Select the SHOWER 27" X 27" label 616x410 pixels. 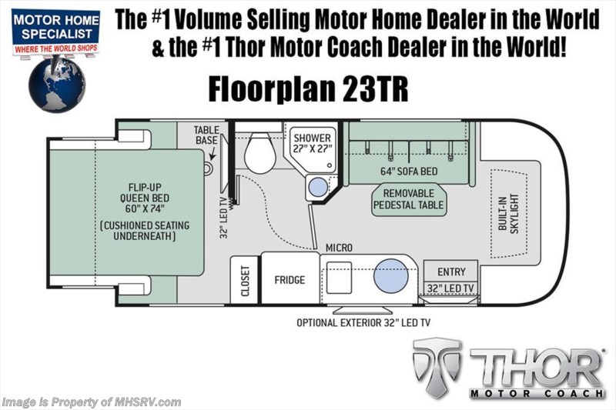point(311,144)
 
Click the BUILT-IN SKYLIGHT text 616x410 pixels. point(507,208)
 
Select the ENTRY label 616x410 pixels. point(450,272)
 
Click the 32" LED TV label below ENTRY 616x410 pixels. point(450,290)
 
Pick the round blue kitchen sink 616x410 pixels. point(390,276)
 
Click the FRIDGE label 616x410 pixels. point(290,279)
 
